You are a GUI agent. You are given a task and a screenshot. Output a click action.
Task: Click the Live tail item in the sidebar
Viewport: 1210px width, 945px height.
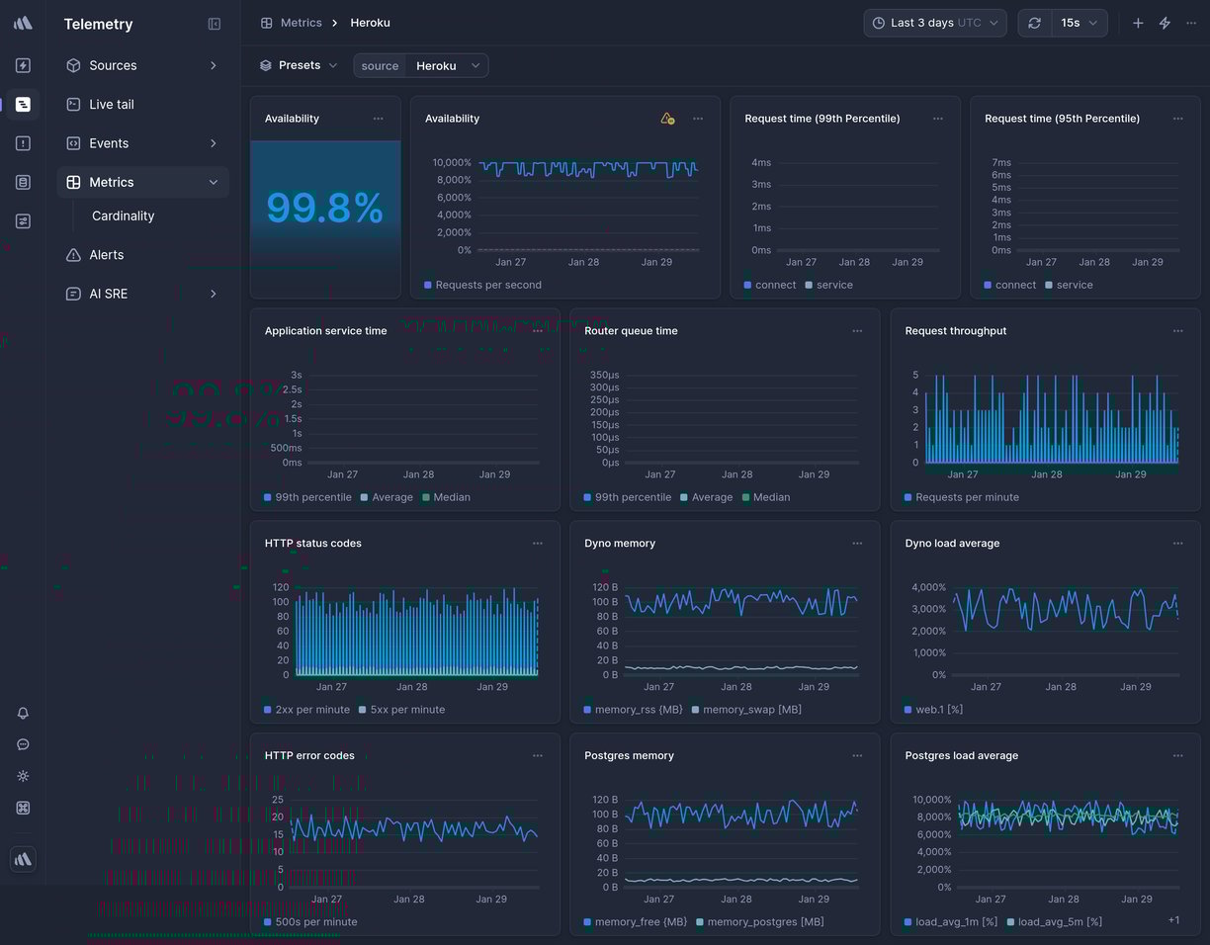click(111, 105)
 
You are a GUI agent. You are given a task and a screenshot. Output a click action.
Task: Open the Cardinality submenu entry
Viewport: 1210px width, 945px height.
click(123, 216)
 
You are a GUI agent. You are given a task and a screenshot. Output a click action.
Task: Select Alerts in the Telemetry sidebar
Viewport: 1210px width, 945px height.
click(106, 255)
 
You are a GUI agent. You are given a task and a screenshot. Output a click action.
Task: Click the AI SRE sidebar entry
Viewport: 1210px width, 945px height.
click(108, 294)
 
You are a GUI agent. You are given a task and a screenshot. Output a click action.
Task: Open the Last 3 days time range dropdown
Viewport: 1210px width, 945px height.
click(934, 23)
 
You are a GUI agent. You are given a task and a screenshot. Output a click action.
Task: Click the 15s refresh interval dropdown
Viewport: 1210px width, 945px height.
click(1079, 23)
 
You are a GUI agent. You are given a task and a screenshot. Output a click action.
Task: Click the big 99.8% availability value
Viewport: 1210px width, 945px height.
click(324, 209)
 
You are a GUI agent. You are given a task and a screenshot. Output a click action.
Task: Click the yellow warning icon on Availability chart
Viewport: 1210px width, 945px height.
click(667, 119)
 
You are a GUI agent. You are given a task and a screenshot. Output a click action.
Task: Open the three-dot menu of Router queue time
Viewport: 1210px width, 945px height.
click(857, 331)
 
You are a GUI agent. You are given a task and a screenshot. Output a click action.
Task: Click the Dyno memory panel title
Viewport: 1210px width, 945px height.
click(620, 544)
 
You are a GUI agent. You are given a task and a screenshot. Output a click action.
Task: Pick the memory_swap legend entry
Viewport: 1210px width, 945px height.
click(751, 710)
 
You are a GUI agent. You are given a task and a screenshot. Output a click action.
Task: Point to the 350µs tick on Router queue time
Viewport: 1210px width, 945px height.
click(603, 376)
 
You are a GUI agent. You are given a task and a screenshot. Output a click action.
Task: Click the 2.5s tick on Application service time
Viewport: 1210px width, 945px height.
click(292, 389)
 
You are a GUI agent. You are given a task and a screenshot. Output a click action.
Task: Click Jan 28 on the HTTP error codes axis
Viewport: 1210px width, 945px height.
click(408, 900)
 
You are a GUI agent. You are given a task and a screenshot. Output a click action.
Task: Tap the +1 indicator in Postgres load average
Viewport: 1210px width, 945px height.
click(1173, 920)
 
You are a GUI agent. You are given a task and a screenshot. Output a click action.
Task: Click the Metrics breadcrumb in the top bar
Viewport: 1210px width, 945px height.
click(301, 23)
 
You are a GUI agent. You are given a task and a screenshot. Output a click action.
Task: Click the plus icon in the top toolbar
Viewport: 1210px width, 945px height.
click(1138, 23)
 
